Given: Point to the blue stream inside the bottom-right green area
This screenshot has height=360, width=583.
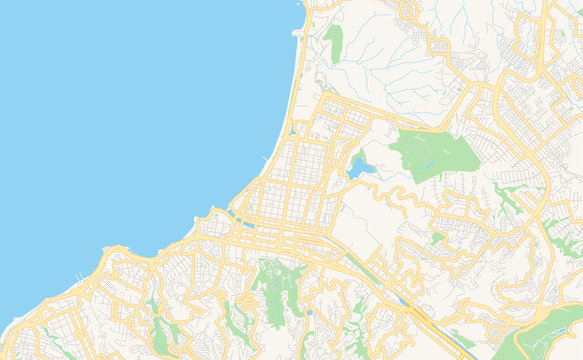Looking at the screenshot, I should [556, 338].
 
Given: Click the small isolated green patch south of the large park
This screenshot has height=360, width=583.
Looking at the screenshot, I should [437, 238].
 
